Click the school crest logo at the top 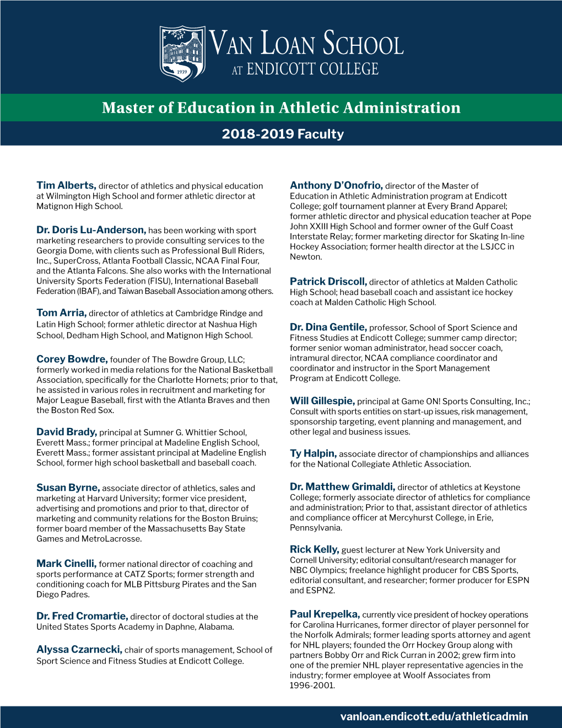[x=182, y=53]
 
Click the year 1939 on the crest [x=182, y=72]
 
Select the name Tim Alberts [x=66, y=185]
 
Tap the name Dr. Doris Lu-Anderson [x=91, y=230]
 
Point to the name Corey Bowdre [x=72, y=359]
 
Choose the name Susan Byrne [x=68, y=488]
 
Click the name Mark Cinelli [x=66, y=564]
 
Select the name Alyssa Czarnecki [x=79, y=650]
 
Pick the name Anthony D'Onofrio [x=336, y=185]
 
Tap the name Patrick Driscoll [x=328, y=282]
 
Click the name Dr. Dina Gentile [x=328, y=327]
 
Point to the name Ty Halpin [x=313, y=453]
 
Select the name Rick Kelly [x=314, y=549]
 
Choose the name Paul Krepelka [x=325, y=614]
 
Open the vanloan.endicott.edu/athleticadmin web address [x=434, y=716]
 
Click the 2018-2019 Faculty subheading [x=282, y=134]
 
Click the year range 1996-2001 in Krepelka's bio [x=312, y=686]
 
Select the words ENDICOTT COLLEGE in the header [x=312, y=69]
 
